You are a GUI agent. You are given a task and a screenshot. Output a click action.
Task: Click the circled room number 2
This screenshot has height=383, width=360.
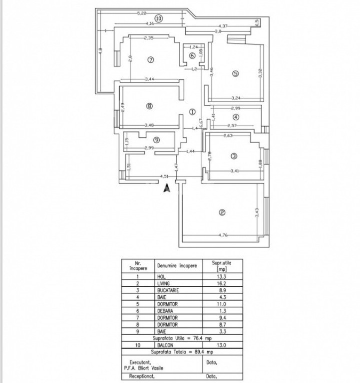tap(222, 213)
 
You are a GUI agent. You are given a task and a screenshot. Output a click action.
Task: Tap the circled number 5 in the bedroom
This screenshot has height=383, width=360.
tap(236, 74)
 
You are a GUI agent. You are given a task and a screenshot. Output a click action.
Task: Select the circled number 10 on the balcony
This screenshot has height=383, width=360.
tap(158, 18)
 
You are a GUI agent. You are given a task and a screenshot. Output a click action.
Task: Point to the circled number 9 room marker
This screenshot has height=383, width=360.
tap(156, 140)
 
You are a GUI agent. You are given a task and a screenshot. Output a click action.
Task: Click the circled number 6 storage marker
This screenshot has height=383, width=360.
tap(192, 55)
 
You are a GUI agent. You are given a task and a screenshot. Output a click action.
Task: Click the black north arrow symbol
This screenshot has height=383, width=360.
tap(167, 188)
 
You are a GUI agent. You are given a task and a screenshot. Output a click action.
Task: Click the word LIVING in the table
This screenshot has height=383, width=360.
tap(163, 283)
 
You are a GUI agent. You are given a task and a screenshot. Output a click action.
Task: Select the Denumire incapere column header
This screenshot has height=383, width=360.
tap(177, 266)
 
